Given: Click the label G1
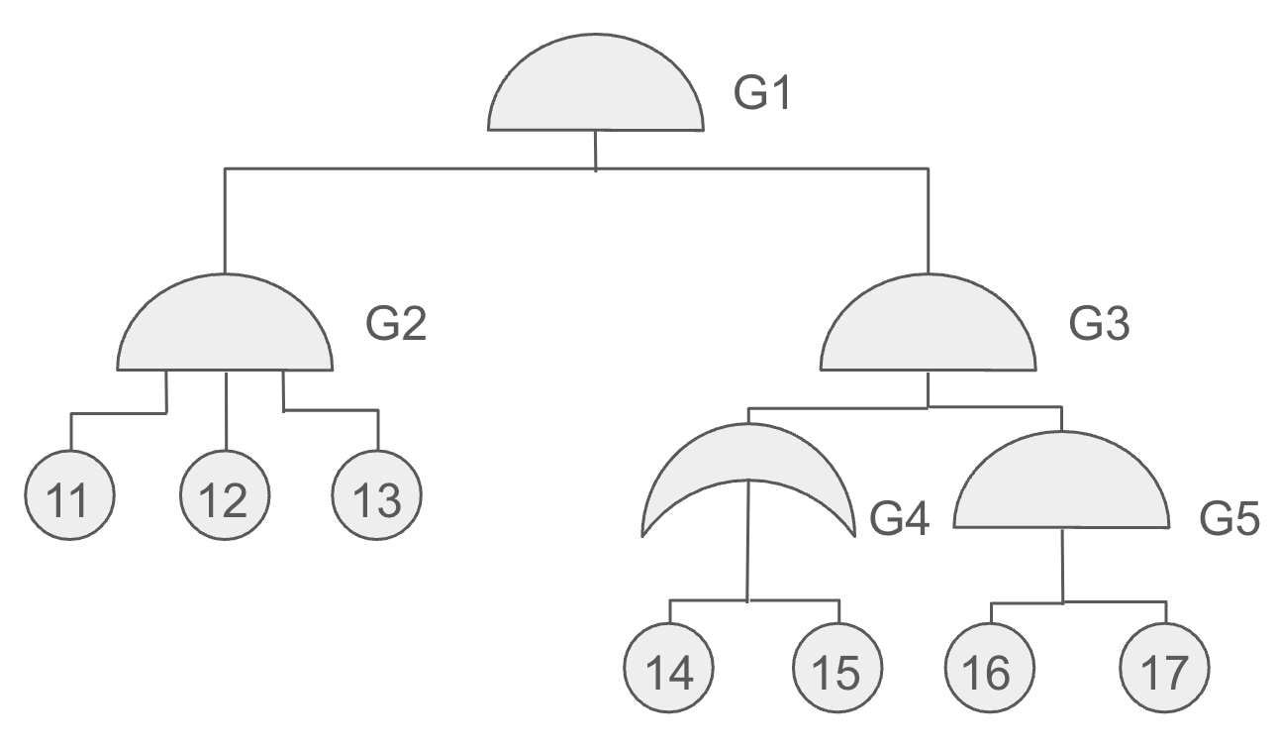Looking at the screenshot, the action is (x=762, y=93).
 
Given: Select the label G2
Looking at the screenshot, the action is (x=396, y=324).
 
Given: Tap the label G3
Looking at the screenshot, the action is (x=1099, y=324).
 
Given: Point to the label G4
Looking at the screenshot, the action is (x=900, y=519).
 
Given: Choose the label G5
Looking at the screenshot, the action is (x=1229, y=519).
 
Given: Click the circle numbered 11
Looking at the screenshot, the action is (x=69, y=494).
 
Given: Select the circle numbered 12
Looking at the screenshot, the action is (x=225, y=494).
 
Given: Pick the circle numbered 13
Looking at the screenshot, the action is (x=377, y=494).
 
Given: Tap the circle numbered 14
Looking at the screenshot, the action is (x=669, y=668).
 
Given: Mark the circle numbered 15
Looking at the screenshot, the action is (x=837, y=668).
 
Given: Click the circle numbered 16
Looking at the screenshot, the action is (x=990, y=668).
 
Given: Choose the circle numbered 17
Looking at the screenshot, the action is (x=1165, y=668).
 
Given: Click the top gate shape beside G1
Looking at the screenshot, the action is (x=596, y=85).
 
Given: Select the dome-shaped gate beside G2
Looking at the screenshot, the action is (x=225, y=325).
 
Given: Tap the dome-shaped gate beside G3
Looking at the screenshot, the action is (x=929, y=325).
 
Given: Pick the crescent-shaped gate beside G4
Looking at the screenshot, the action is (x=748, y=451).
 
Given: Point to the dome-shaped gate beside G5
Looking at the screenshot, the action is (x=1061, y=483).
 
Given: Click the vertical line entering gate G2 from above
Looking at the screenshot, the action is (x=225, y=221).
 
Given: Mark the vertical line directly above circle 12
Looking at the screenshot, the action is (x=227, y=411).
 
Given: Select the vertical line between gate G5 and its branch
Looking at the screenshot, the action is (x=1062, y=566).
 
